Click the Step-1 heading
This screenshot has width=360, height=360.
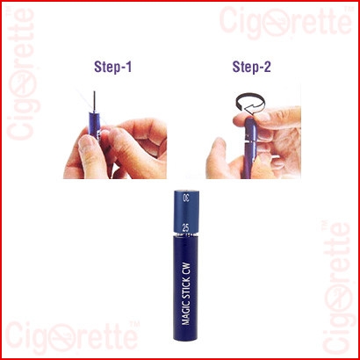point(112,68)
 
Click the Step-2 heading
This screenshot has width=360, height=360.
point(252,68)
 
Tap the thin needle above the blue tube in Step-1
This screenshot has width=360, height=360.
point(94,102)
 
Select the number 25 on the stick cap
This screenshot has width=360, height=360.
point(185,228)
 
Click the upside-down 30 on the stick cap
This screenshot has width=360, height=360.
point(186,198)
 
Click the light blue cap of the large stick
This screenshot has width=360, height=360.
point(186,212)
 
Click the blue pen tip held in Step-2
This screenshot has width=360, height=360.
point(251,148)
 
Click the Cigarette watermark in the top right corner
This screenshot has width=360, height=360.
point(285,21)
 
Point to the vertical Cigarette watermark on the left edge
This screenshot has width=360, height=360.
point(23,74)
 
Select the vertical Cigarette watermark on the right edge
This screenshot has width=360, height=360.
point(337,287)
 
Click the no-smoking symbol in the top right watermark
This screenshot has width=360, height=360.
point(277,23)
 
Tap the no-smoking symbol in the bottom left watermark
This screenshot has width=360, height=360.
point(62,338)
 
